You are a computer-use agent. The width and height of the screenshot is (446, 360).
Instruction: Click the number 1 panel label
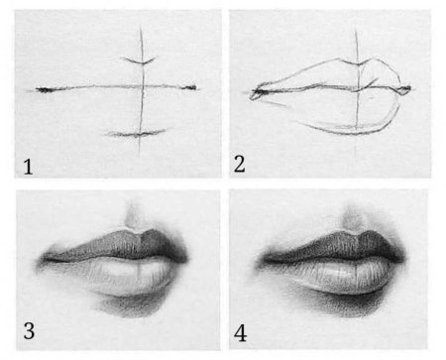(x=28, y=167)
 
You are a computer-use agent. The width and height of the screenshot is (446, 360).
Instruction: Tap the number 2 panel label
(x=240, y=165)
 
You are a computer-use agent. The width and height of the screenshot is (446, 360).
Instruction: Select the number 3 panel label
(x=29, y=331)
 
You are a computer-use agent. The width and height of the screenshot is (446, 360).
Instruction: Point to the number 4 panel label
(x=241, y=333)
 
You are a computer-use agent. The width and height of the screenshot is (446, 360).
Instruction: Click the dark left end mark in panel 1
(x=45, y=89)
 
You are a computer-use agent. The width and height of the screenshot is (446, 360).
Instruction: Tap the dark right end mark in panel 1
(x=190, y=87)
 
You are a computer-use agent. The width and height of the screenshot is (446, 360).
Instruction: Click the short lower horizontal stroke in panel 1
(x=136, y=134)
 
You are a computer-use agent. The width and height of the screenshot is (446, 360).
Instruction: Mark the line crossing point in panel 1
(x=143, y=87)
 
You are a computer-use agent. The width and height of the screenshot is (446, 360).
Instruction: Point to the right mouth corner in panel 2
(x=405, y=88)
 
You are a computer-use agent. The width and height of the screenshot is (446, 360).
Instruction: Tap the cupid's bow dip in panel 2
(x=358, y=64)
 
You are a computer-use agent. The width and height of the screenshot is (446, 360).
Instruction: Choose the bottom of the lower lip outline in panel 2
(x=353, y=133)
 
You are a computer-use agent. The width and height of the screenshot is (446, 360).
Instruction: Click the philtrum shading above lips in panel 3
(x=134, y=216)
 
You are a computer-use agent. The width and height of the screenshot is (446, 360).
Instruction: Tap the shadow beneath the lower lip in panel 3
(x=131, y=305)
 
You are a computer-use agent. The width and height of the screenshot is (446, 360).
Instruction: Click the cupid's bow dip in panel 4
(x=355, y=233)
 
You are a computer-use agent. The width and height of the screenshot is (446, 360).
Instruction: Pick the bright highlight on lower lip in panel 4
(x=340, y=273)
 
